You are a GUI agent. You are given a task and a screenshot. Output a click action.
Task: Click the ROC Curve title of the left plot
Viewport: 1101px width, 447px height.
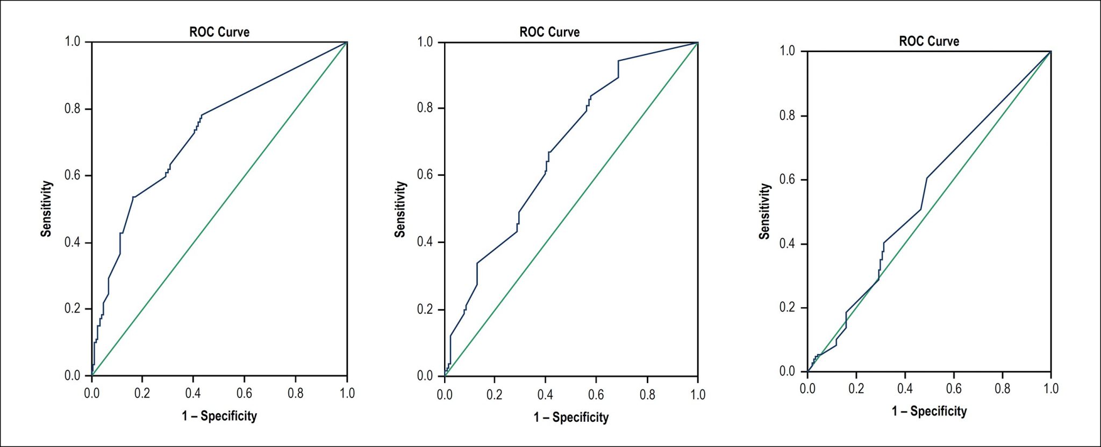click(x=219, y=32)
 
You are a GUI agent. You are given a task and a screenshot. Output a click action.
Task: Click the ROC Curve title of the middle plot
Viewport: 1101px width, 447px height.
click(x=549, y=32)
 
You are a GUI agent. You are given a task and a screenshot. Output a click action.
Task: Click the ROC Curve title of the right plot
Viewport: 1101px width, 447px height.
click(x=929, y=41)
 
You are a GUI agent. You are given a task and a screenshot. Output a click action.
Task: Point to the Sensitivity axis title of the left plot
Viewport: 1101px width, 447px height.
click(x=47, y=209)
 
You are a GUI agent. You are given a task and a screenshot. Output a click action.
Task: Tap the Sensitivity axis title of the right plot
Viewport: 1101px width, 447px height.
click(x=764, y=211)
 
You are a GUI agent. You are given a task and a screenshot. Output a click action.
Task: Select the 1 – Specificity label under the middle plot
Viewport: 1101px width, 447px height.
click(x=571, y=417)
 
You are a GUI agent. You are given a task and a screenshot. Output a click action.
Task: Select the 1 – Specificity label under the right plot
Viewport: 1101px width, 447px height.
click(x=929, y=411)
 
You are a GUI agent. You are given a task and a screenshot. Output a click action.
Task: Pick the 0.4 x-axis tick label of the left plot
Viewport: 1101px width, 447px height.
click(x=193, y=393)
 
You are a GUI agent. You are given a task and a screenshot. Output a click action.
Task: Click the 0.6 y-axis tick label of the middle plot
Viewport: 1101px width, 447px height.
click(x=425, y=175)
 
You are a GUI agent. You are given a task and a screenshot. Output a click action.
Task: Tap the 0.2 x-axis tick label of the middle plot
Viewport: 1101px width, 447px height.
click(x=495, y=395)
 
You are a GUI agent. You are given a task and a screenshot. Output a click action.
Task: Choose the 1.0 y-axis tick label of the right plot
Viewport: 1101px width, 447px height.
click(x=788, y=51)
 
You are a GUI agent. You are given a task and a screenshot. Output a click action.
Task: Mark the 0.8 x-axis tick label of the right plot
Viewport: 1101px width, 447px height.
click(x=1002, y=388)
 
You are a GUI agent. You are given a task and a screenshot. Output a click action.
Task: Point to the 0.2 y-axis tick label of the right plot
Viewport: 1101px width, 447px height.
click(x=788, y=307)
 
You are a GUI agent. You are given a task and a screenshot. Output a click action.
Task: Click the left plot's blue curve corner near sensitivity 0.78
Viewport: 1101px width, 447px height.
click(x=202, y=115)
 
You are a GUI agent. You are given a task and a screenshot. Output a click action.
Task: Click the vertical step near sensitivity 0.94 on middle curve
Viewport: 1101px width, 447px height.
click(x=618, y=69)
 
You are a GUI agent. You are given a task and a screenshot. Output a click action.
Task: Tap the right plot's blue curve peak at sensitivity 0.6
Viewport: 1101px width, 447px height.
click(x=927, y=178)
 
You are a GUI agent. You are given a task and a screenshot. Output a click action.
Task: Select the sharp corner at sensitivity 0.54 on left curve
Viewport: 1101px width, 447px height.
click(x=133, y=197)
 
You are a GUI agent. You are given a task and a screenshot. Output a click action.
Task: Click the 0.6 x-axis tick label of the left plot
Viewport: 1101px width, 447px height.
click(x=244, y=393)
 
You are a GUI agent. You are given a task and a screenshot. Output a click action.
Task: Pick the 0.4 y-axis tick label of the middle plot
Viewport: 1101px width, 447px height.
click(x=425, y=242)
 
